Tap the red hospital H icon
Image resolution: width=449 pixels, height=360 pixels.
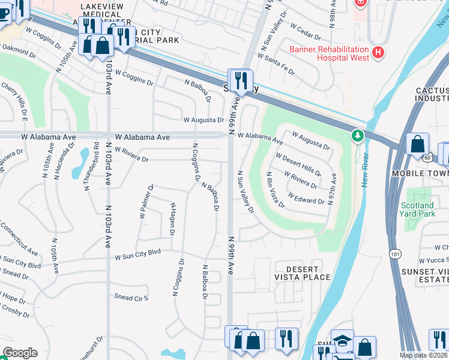378,53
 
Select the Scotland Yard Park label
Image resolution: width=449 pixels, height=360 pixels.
417,209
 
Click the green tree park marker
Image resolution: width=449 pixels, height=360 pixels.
358,136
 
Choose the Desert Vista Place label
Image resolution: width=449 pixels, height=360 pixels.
303,273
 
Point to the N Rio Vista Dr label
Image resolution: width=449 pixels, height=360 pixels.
276,190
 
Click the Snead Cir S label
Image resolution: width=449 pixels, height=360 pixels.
131,298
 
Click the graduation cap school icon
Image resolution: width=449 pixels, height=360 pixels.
343,340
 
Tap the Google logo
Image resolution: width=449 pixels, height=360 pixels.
20,353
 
